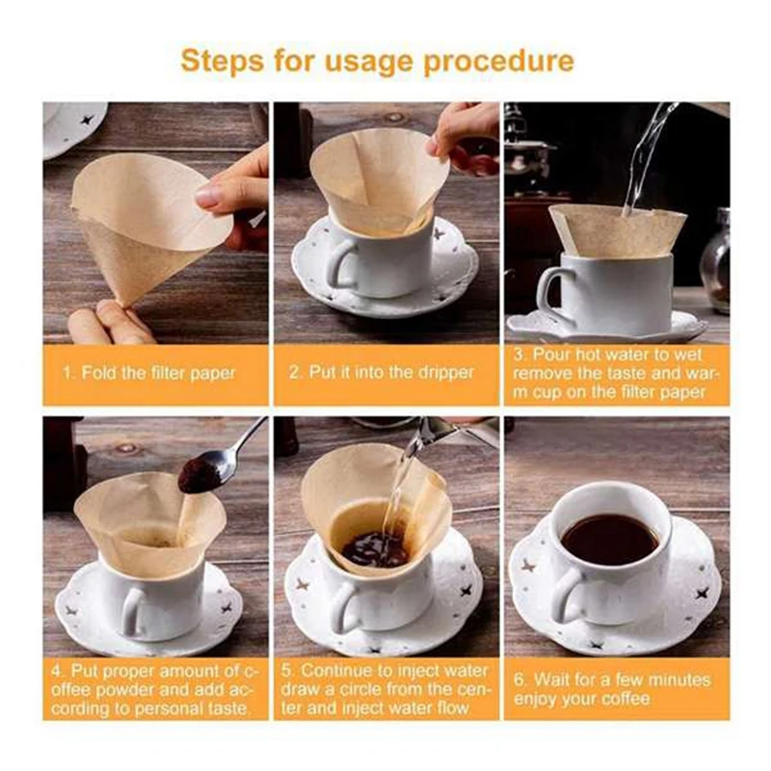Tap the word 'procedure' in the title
click(x=498, y=62)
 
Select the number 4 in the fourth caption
click(x=57, y=671)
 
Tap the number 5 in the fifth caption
click(x=286, y=671)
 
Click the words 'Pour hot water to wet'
click(x=617, y=355)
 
